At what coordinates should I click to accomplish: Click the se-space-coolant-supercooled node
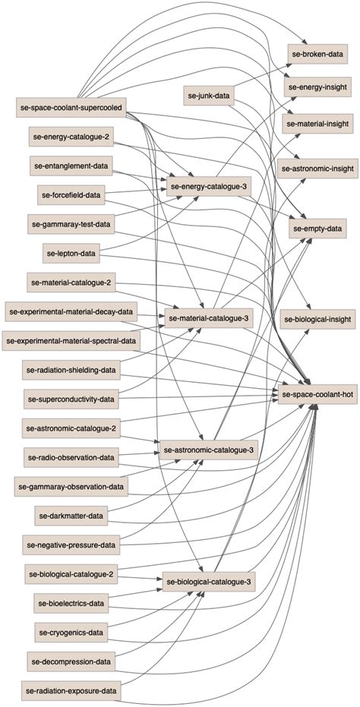(71, 108)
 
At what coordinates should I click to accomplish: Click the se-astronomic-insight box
(318, 170)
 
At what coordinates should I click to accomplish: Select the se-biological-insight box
(318, 320)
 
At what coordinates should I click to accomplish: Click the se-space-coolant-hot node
(318, 394)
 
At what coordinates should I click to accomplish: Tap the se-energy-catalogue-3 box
(209, 186)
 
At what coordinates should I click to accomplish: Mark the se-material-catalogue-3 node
(209, 318)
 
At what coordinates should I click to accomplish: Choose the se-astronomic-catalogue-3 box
(209, 450)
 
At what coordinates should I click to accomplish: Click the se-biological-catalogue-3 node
(209, 582)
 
